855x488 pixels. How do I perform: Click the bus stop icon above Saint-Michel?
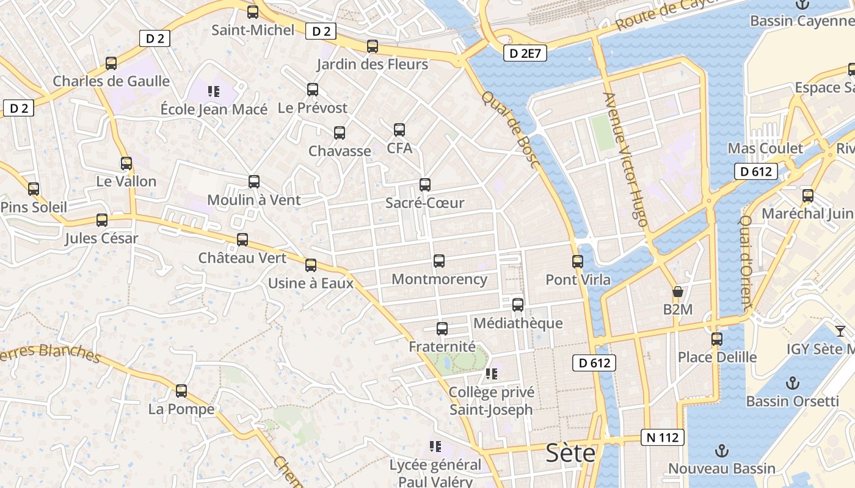point(253,12)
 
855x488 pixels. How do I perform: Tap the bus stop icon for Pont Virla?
point(578,262)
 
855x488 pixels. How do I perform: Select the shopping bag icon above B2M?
point(677,292)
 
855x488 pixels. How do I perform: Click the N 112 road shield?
point(663,437)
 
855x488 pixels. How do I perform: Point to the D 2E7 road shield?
point(525,53)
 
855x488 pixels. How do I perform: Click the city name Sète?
point(570,453)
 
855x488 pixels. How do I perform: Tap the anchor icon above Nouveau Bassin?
point(722,451)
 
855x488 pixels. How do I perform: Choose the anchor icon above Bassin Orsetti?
point(792,383)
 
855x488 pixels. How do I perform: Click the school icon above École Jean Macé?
point(213,91)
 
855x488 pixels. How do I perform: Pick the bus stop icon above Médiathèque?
point(518,304)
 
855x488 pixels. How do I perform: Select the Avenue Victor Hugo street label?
point(625,160)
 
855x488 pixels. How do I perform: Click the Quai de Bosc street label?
point(511,130)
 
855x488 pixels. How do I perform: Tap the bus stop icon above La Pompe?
point(181,390)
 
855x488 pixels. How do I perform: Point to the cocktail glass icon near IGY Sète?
point(840,331)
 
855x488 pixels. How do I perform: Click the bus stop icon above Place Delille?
point(717,339)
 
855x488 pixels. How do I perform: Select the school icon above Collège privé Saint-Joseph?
point(492,373)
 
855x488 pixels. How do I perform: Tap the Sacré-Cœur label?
point(425,203)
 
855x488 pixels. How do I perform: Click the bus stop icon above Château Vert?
point(242,240)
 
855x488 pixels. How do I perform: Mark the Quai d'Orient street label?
point(746,260)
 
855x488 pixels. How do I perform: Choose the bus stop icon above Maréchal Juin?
point(808,196)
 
